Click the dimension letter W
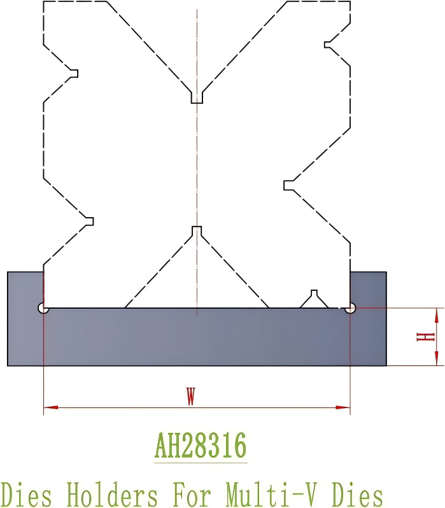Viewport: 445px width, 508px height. tap(190, 397)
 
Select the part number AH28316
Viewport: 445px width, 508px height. tap(200, 447)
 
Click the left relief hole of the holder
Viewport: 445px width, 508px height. tap(43, 308)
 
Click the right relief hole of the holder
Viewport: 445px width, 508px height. tap(350, 308)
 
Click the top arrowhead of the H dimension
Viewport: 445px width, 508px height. tap(437, 314)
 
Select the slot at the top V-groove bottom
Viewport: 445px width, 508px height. tap(197, 97)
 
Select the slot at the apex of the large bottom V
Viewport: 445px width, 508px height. tap(197, 230)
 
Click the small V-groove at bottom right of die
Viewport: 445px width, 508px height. tap(313, 299)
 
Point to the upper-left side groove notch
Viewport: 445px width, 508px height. tap(73, 73)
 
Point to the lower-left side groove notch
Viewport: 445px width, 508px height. tap(89, 221)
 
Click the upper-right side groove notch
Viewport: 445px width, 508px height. tap(328, 44)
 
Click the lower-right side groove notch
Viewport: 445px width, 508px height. tap(288, 185)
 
